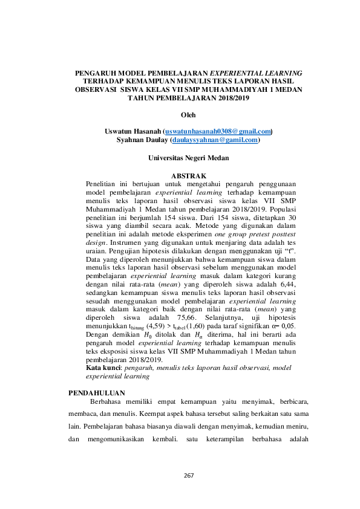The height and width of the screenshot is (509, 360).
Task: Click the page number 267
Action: [x=188, y=475]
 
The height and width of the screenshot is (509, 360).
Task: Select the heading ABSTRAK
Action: [x=190, y=176]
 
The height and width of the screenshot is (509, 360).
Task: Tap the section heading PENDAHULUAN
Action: [x=97, y=394]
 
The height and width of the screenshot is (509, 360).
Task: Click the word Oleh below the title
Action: [x=189, y=114]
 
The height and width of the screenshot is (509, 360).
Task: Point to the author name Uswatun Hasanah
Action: [x=133, y=131]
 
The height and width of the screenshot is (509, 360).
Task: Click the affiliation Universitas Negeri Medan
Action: [x=189, y=158]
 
